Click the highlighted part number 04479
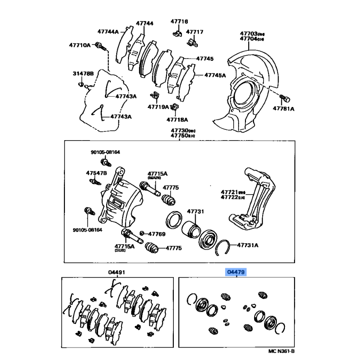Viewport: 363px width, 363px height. (x=236, y=272)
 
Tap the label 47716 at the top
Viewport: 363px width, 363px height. (x=179, y=21)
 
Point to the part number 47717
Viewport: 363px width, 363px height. (x=195, y=32)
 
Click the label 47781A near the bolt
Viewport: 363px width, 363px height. (x=283, y=109)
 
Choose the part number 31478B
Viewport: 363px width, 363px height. (x=83, y=74)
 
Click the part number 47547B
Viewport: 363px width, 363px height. (x=96, y=173)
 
